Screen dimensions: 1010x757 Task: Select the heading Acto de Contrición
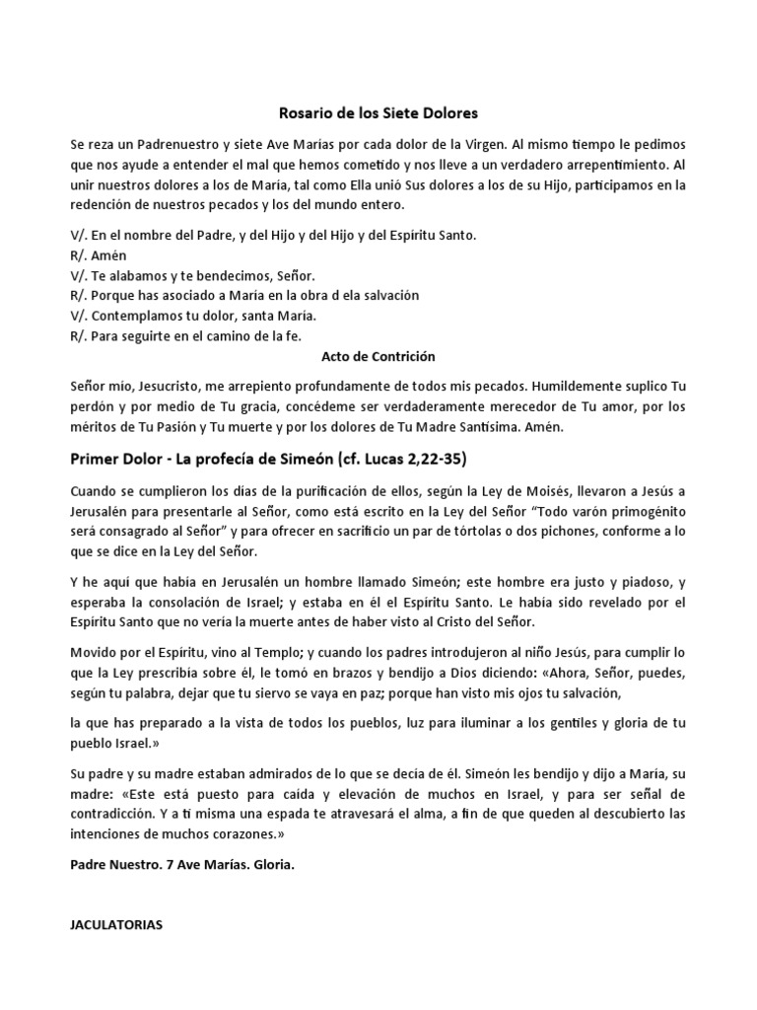(378, 356)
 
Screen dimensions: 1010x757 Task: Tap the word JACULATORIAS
(117, 926)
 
